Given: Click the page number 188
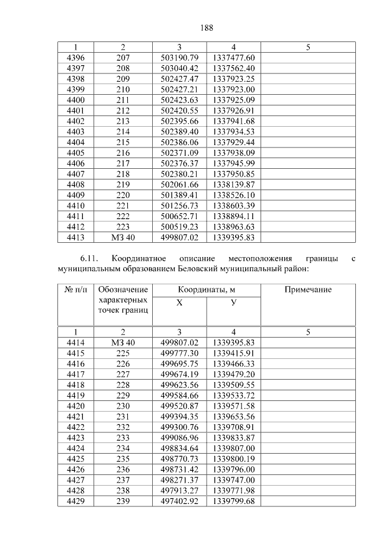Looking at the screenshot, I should click(x=206, y=28).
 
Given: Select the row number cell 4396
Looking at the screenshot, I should click(x=76, y=58).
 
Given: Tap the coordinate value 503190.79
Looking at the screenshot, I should click(x=179, y=58).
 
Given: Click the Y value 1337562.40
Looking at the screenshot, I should click(x=233, y=68).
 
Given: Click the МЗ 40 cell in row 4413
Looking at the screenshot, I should click(x=123, y=237).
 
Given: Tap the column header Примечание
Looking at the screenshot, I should click(x=307, y=290).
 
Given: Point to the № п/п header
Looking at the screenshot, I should click(x=76, y=290).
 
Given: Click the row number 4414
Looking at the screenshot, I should click(x=76, y=343).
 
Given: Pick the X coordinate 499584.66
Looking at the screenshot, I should click(x=179, y=395).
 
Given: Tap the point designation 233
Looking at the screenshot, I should click(x=123, y=438).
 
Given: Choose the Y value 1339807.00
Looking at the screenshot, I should click(x=233, y=448).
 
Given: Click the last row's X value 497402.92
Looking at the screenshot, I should click(x=179, y=501).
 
